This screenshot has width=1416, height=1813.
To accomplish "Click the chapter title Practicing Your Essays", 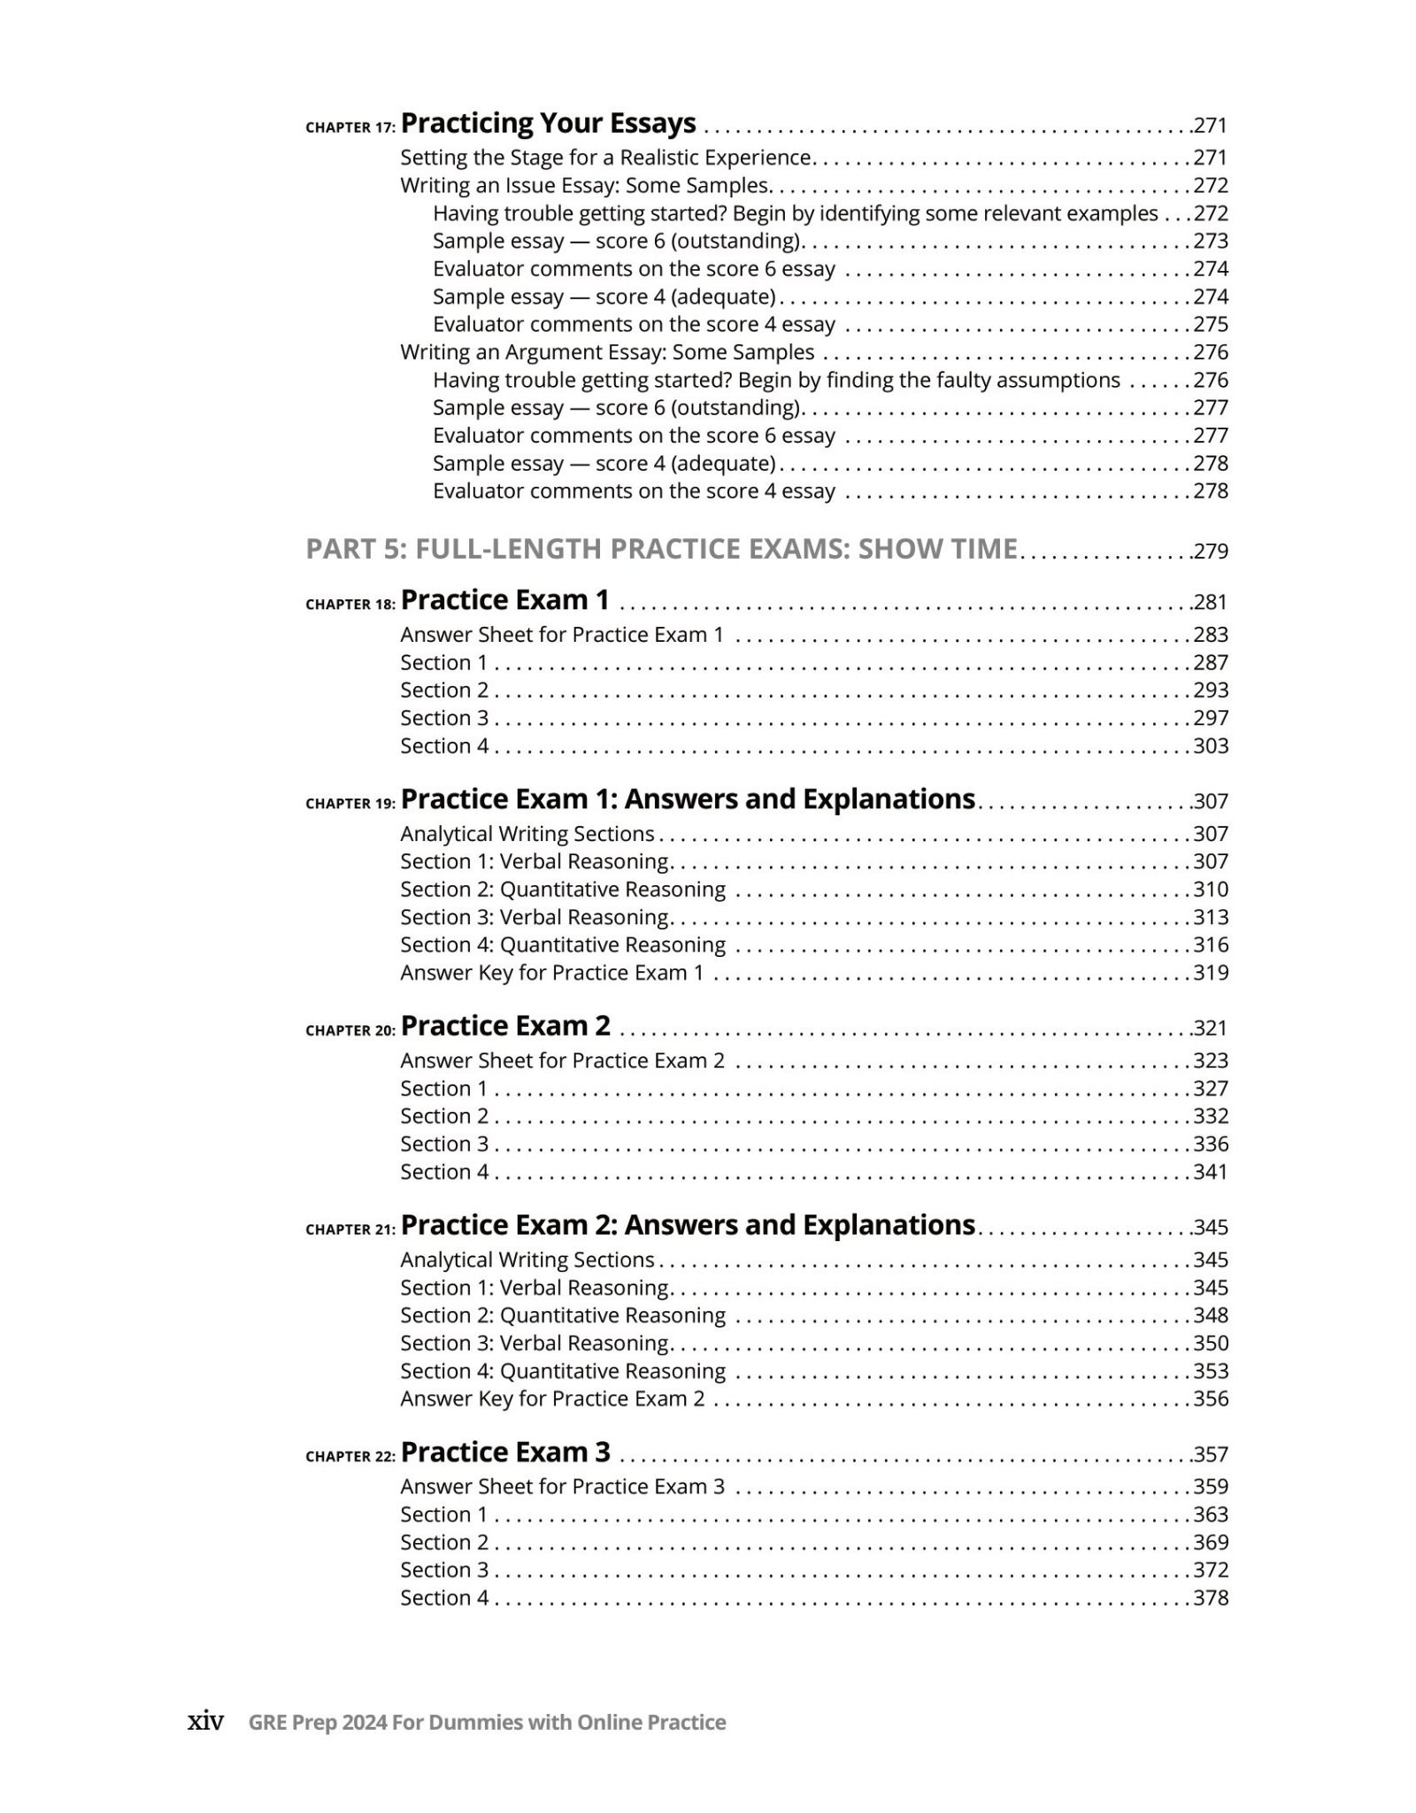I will pos(548,123).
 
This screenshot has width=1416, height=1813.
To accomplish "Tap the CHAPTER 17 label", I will pos(350,127).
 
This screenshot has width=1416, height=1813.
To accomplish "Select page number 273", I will pos(1211,241).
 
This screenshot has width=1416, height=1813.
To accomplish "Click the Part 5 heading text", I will pos(661,549).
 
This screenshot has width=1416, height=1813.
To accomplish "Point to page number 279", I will pos(1211,552).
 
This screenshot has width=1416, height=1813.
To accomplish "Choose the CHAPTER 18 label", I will pos(350,605).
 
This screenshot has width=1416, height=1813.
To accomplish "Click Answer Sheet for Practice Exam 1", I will pos(562,635).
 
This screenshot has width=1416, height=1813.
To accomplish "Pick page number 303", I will pos(1211,745).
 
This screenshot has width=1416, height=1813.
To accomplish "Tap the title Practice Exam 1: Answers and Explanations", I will pos(688,799).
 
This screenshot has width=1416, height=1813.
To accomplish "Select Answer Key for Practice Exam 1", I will pos(551,973).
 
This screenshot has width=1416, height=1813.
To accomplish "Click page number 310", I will pos(1211,890).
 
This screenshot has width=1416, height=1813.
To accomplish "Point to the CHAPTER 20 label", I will pos(350,1030).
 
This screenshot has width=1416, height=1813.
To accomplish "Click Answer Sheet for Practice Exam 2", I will pos(562,1061).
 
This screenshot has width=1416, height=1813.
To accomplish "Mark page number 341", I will pos(1211,1172).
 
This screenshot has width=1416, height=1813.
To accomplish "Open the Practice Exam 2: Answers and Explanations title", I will pos(688,1225).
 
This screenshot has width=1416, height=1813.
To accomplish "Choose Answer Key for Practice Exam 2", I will pos(552,1399).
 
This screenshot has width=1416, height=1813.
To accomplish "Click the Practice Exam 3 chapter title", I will pos(505,1453).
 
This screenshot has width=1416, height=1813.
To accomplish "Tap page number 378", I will pos(1211,1598).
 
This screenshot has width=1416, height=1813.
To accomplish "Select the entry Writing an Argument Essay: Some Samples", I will pos(607,352).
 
